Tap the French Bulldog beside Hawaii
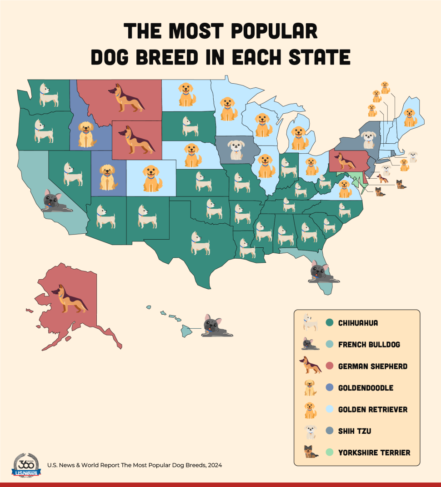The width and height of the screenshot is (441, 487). point(216,326)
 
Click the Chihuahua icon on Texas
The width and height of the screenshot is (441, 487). point(200,243)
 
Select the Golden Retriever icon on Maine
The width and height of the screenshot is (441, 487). point(410,118)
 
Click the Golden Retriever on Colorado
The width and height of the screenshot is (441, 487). point(152,178)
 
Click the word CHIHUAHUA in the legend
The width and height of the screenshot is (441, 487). point(358,323)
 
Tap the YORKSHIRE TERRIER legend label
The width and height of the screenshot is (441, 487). point(374,452)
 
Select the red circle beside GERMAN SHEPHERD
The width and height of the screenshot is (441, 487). point(330,366)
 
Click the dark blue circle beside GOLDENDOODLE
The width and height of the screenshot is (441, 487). point(330,388)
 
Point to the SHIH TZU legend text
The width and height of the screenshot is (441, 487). point(355,431)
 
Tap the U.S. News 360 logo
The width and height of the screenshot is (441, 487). point(26,465)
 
